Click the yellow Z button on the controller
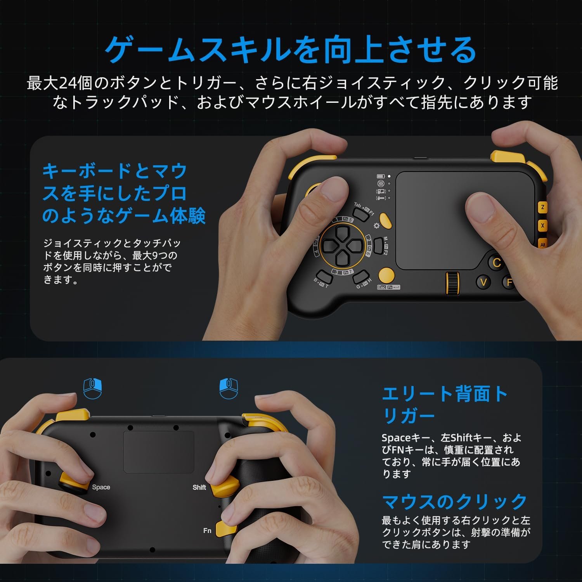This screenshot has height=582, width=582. click(x=542, y=207)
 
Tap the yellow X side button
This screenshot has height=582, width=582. click(x=542, y=225)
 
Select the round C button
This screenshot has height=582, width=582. click(x=496, y=263)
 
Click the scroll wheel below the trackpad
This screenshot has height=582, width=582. click(x=452, y=283)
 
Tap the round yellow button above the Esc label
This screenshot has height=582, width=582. click(x=386, y=275)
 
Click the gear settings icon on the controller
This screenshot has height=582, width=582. click(x=376, y=226)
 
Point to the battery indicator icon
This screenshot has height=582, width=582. click(x=381, y=177)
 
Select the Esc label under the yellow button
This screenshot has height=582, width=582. click(x=382, y=287)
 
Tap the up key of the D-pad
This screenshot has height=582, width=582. click(x=342, y=233)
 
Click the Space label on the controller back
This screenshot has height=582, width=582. click(x=101, y=487)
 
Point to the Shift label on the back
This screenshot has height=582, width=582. click(x=199, y=487)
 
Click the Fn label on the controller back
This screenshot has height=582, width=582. click(x=207, y=530)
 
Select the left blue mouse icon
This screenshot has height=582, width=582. click(x=93, y=388)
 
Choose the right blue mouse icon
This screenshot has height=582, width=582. click(x=229, y=388)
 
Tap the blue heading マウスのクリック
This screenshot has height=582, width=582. click(x=454, y=502)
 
